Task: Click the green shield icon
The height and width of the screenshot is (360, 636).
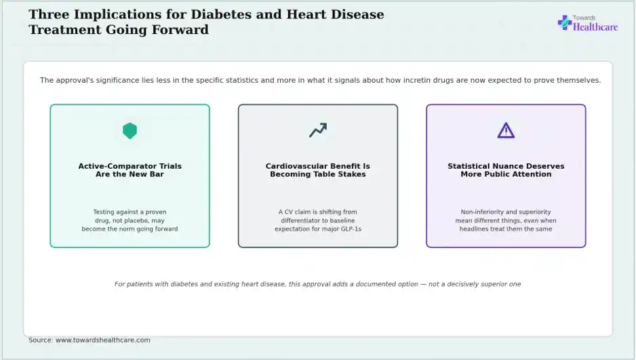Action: point(130,131)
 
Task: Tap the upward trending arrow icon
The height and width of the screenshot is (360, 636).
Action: point(318,130)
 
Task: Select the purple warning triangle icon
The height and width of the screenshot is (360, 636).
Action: point(506,131)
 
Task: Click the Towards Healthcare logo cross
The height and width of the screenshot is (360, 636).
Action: point(565,22)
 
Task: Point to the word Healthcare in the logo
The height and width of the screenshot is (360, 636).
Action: point(595,27)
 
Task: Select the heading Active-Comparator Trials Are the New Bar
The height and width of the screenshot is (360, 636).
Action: point(130,170)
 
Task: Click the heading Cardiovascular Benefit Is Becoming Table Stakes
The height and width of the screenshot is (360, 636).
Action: point(318,170)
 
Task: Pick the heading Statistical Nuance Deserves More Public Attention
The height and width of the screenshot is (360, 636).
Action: point(506,170)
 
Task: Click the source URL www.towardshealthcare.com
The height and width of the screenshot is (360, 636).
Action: point(102,340)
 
